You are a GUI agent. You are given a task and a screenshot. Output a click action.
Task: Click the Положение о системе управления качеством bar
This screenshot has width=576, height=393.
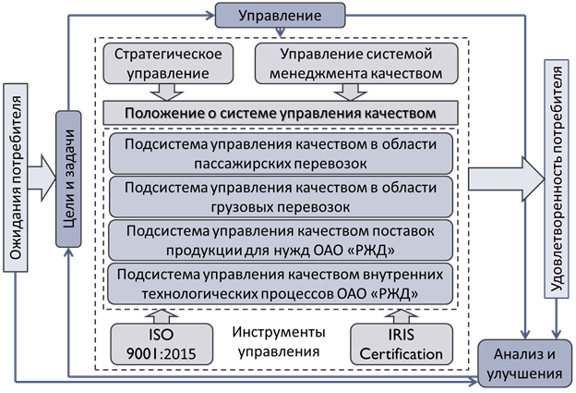click(282, 112)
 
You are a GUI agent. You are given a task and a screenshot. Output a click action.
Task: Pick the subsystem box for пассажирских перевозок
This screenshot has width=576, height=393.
click(282, 152)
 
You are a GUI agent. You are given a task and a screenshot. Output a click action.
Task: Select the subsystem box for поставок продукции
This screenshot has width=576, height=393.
click(282, 239)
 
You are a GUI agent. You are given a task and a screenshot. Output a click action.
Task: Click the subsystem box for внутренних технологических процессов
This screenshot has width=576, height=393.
click(282, 283)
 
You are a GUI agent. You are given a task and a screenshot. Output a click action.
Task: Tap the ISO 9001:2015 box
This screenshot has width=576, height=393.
click(154, 344)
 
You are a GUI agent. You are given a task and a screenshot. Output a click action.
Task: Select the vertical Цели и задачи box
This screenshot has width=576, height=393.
click(65, 179)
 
